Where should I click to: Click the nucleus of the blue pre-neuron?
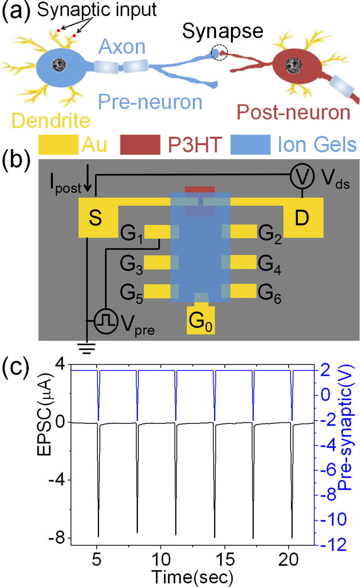[61, 64]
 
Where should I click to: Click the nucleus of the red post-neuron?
[294, 64]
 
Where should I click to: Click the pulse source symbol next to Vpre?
[104, 321]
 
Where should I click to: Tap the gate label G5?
[130, 291]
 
